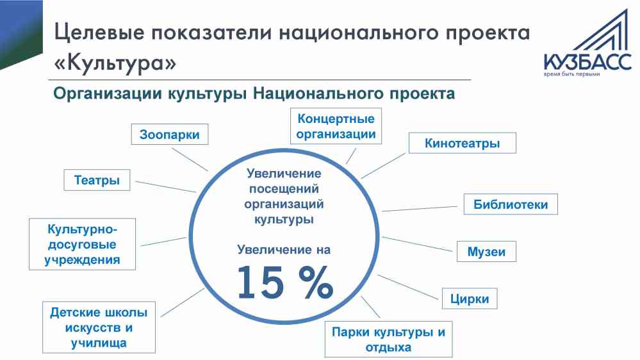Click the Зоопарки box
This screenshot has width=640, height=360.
169,135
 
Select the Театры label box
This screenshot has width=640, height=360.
97,180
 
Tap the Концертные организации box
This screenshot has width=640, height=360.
336,126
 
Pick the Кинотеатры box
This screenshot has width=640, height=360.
463,143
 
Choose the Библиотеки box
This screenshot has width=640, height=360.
511,204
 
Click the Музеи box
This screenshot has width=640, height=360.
486,252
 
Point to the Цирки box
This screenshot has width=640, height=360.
470,299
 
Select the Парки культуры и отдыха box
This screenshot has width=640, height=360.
389,340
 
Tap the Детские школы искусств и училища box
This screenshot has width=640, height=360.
99,327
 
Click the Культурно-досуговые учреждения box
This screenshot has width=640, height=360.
82,244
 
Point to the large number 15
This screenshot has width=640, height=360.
260,282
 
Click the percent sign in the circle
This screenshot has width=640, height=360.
316,282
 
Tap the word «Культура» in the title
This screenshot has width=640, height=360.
115,63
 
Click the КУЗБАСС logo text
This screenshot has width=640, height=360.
587,62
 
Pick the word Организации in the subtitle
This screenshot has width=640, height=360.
108,94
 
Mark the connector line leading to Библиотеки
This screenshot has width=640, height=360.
420,209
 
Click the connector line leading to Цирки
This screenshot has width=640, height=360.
407,288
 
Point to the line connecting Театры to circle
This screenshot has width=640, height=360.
166,186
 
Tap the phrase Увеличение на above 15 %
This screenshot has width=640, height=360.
284,249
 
